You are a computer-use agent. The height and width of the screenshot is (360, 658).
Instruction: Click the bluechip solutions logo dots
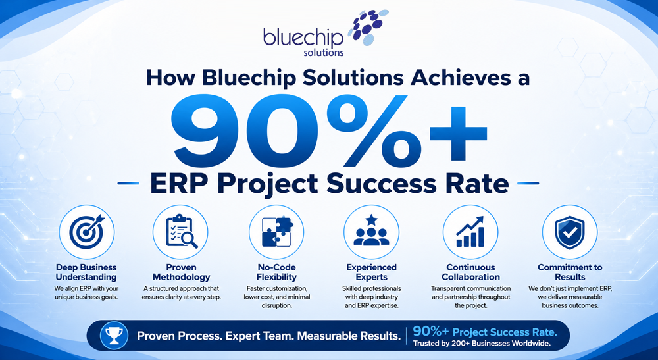(368, 26)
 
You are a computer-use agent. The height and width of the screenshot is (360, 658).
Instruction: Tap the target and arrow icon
(86, 231)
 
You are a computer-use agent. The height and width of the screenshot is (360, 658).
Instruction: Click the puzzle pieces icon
(277, 232)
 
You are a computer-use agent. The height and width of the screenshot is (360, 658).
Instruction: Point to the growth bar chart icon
(470, 231)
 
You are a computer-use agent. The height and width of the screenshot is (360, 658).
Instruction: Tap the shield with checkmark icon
(569, 232)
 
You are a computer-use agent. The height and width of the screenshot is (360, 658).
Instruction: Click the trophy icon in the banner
(114, 336)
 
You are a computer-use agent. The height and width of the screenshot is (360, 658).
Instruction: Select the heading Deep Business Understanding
(86, 272)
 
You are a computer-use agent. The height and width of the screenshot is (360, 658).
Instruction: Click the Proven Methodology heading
(182, 272)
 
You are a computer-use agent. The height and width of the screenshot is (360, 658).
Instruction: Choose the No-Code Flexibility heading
(276, 272)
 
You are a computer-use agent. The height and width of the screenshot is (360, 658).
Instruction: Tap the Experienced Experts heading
(371, 272)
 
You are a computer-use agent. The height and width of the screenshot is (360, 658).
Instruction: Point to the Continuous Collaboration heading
(470, 272)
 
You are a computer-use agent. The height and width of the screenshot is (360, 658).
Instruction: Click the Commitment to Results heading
(570, 272)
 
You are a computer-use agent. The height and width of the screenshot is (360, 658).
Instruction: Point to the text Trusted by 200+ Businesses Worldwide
(482, 344)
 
